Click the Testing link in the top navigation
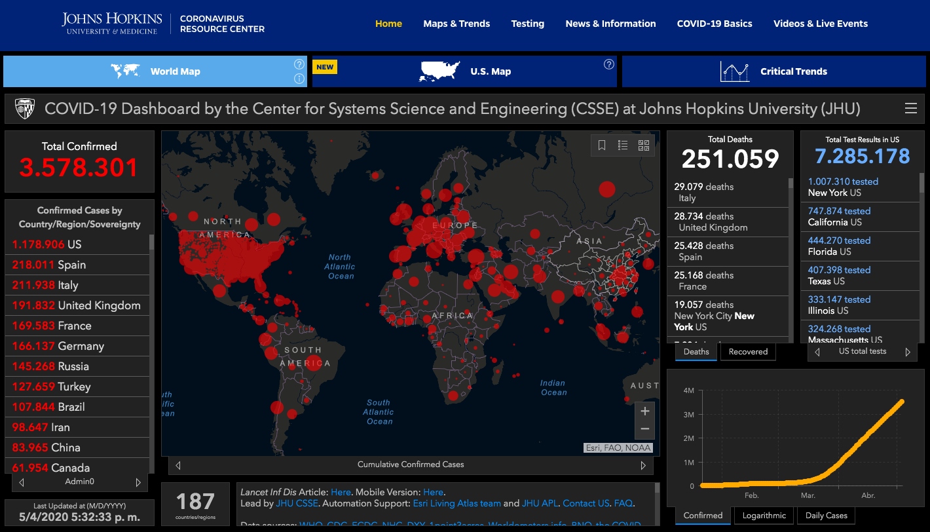527,24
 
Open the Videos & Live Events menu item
820,24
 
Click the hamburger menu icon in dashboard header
910,109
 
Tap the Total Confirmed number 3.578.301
79,168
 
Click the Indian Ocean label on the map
553,388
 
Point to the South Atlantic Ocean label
379,412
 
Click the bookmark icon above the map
602,145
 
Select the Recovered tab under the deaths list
747,352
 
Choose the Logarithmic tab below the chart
764,516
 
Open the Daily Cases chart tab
826,516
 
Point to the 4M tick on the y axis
688,390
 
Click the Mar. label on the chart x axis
808,496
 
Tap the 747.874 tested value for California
839,211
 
